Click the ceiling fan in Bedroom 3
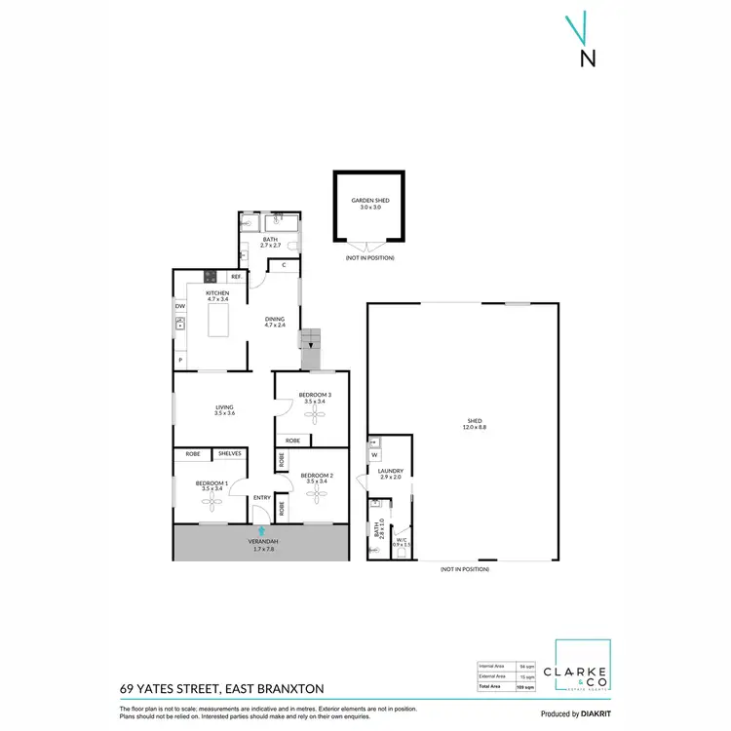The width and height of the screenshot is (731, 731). coord(315,414)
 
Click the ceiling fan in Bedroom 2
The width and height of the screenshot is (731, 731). coord(317,494)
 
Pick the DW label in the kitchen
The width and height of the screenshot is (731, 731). coord(180,306)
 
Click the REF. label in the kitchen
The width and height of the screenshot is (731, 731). coord(236,277)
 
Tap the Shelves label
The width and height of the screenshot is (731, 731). coord(230,454)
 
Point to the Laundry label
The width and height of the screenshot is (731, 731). coord(390,472)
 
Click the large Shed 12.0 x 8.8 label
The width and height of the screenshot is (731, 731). coord(475,424)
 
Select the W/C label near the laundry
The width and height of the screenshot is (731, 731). coord(402,538)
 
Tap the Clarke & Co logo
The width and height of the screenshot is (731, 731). coord(583,673)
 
